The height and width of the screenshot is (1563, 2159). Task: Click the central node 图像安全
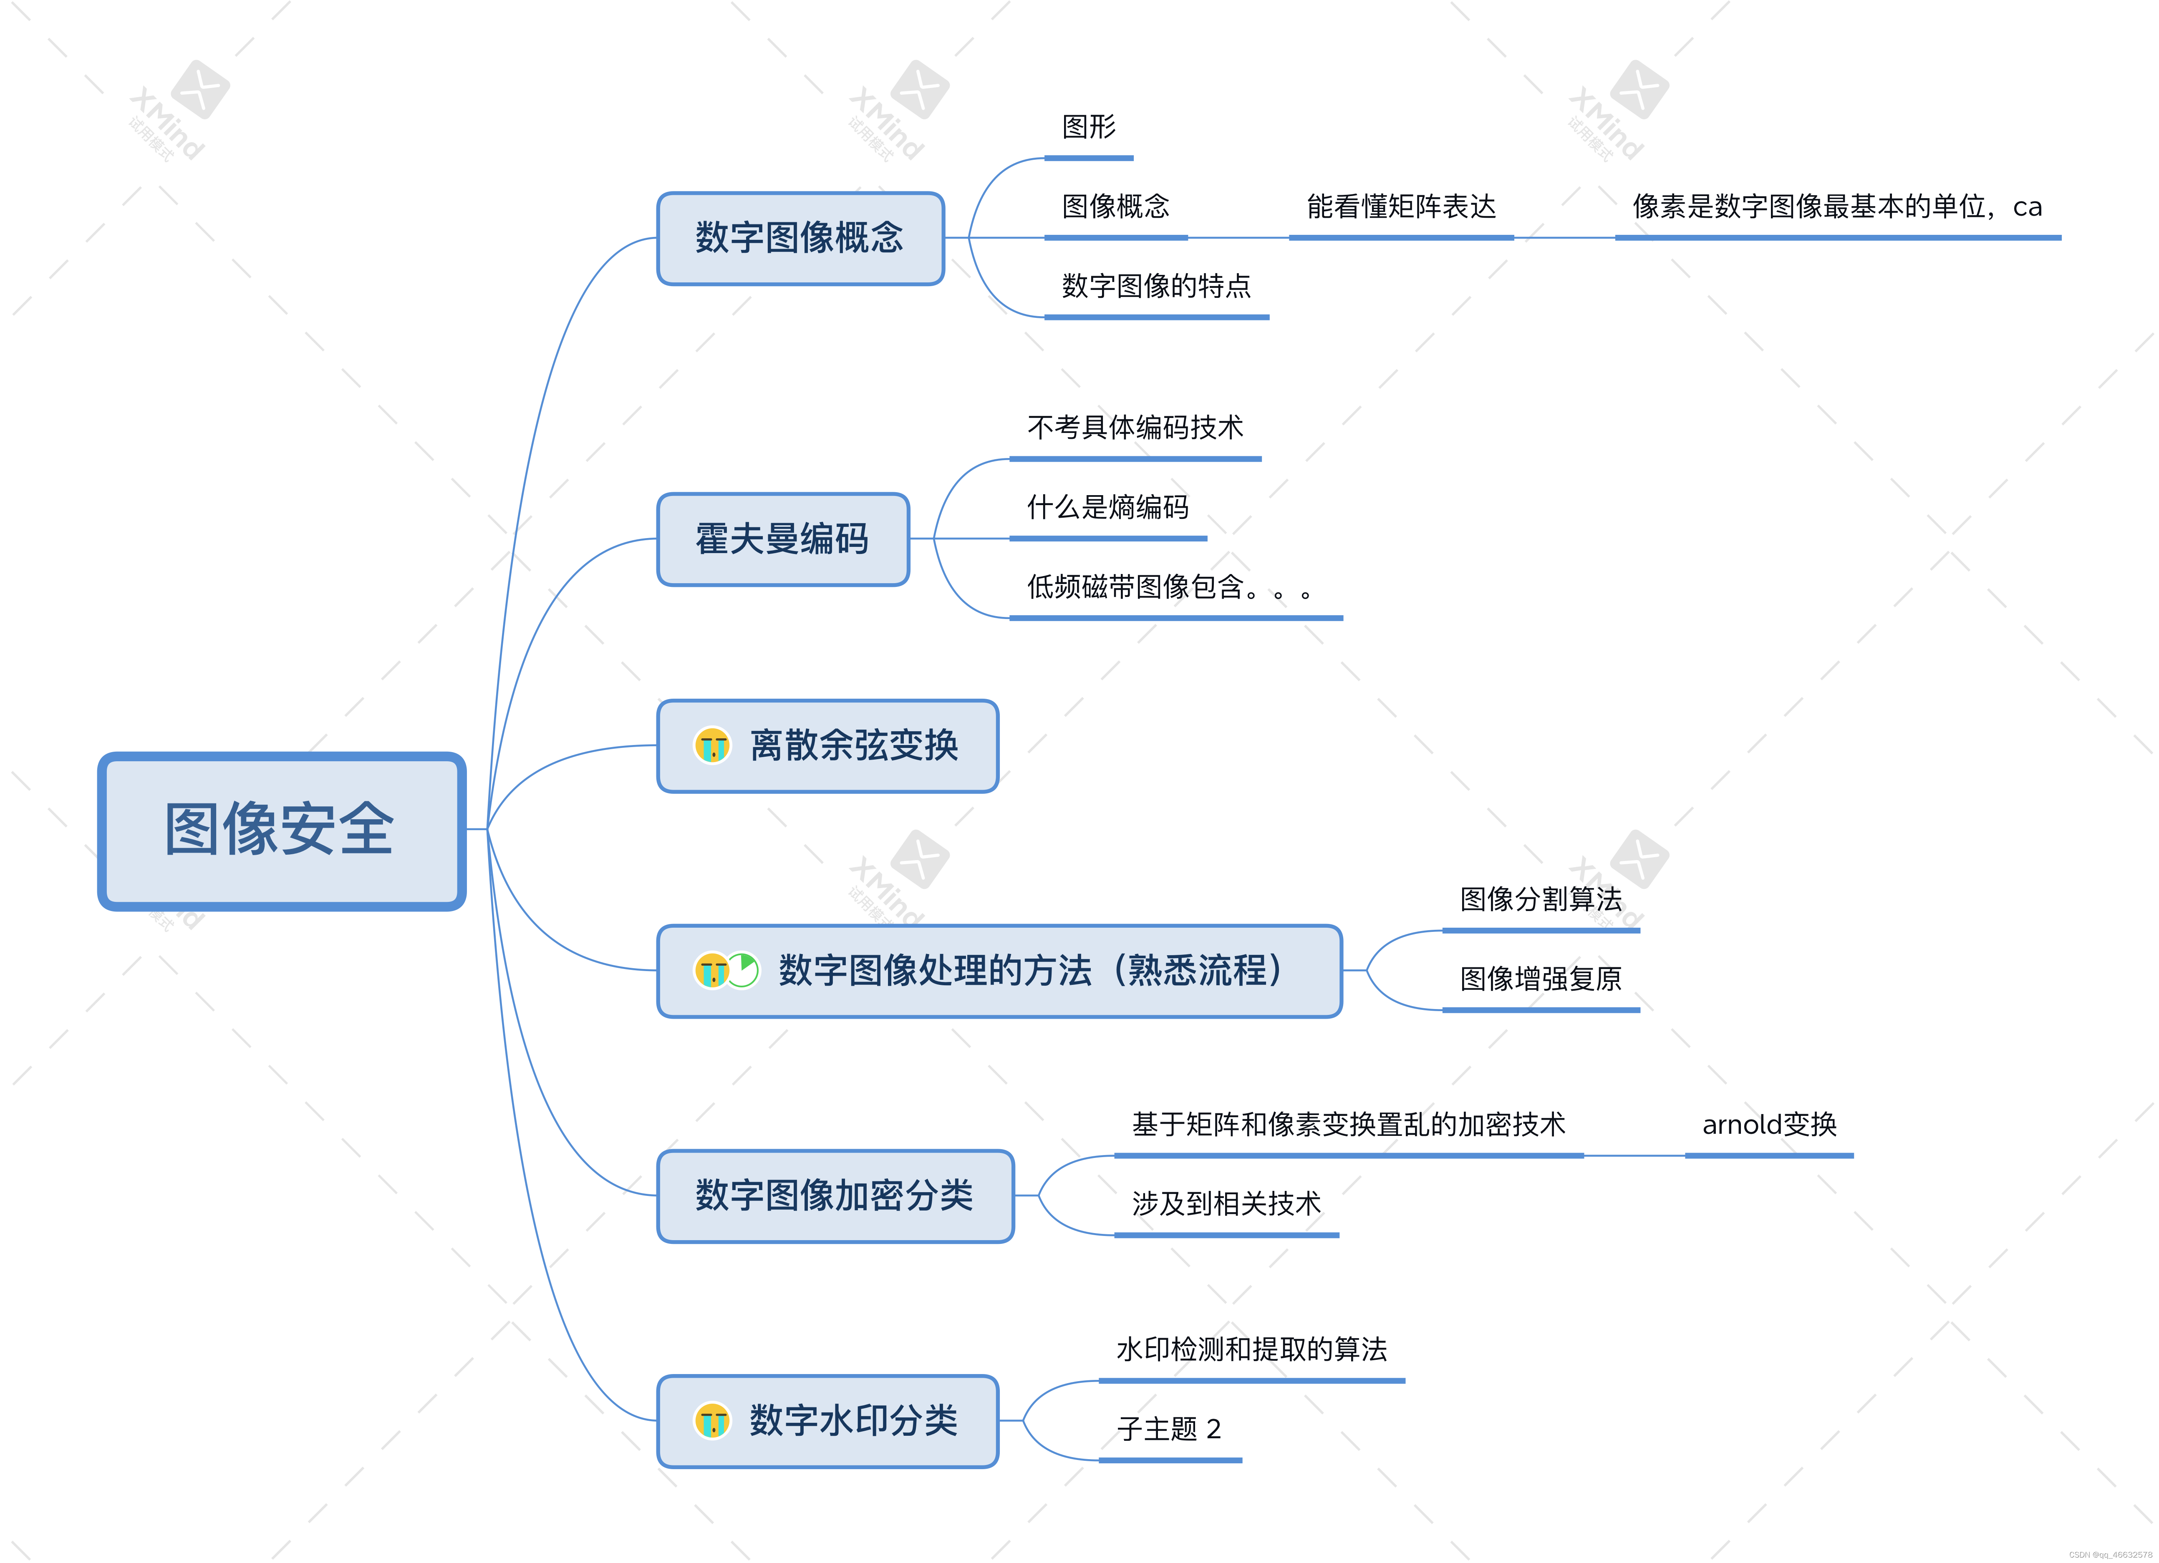pos(281,830)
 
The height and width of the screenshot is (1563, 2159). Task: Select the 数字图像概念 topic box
pos(800,238)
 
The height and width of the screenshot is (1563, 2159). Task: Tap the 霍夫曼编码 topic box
pos(782,539)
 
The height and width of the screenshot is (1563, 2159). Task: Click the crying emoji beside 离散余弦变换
pos(712,745)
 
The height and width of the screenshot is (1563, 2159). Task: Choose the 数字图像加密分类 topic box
pos(835,1196)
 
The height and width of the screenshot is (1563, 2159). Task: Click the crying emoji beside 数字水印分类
pos(712,1421)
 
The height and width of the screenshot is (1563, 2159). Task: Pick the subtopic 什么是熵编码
pos(1107,507)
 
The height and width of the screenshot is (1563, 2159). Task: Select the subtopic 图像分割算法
pos(1540,899)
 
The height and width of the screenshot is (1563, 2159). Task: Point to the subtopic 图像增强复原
pos(1540,979)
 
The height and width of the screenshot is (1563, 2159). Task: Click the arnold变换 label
pos(1769,1125)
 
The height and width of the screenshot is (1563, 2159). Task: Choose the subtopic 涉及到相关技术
pos(1226,1204)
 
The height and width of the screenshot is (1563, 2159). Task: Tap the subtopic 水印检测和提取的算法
pos(1251,1350)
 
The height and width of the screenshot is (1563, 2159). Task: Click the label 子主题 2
pos(1169,1430)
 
